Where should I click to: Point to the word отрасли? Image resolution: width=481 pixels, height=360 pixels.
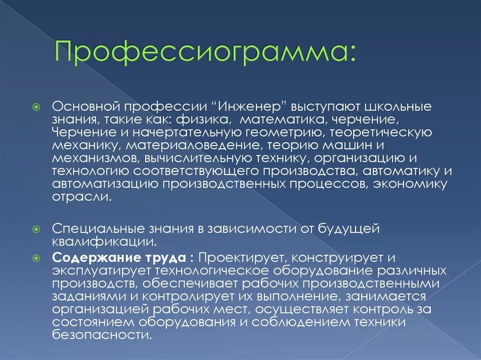(81, 197)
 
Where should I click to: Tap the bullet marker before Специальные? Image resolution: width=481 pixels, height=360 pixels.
(41, 230)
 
